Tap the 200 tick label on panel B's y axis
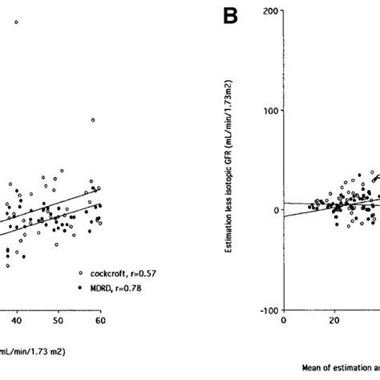269,11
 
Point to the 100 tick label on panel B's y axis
269,111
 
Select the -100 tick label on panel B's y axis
266,310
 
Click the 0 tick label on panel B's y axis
273,210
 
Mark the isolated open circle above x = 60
93,119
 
